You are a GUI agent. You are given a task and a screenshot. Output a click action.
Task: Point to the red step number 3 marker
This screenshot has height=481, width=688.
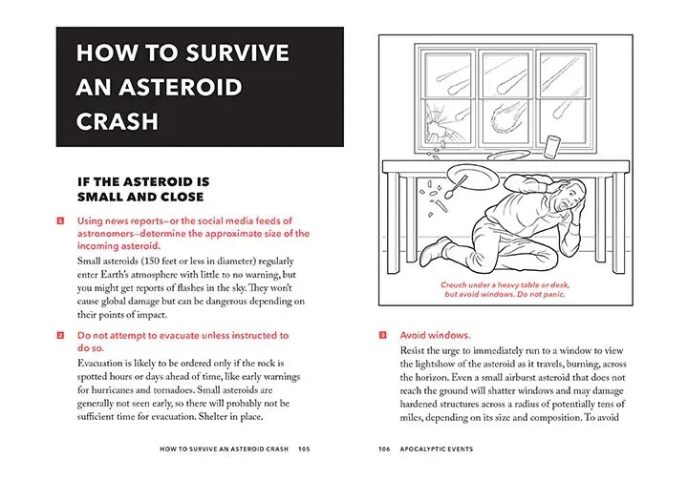tap(382, 336)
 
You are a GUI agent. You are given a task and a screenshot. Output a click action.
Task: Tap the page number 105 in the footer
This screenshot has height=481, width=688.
tap(304, 449)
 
